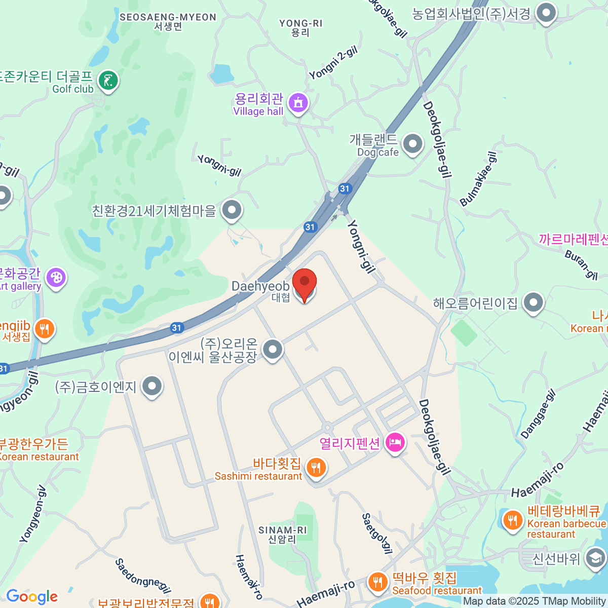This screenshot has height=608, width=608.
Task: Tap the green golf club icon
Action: [x=108, y=80]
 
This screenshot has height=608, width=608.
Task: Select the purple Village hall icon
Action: [x=298, y=103]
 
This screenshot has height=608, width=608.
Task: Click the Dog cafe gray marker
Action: [x=412, y=144]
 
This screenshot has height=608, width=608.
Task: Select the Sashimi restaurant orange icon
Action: [x=316, y=467]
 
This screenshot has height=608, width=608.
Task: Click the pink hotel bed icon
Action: [x=395, y=443]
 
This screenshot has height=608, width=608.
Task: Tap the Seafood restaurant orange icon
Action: [x=377, y=582]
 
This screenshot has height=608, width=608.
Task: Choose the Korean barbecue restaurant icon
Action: [x=512, y=520]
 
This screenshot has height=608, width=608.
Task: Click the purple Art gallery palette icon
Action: [x=56, y=277]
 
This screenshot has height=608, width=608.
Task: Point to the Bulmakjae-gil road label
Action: [x=478, y=179]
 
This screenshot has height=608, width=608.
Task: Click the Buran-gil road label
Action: [x=581, y=264]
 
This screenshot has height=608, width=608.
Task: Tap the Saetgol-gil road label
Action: [x=377, y=534]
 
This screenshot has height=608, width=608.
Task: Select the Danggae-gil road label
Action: [x=538, y=414]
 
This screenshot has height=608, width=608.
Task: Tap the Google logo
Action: [x=32, y=597]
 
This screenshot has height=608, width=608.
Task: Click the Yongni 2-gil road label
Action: [x=333, y=62]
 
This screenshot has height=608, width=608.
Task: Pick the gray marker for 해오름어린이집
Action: [x=533, y=303]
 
